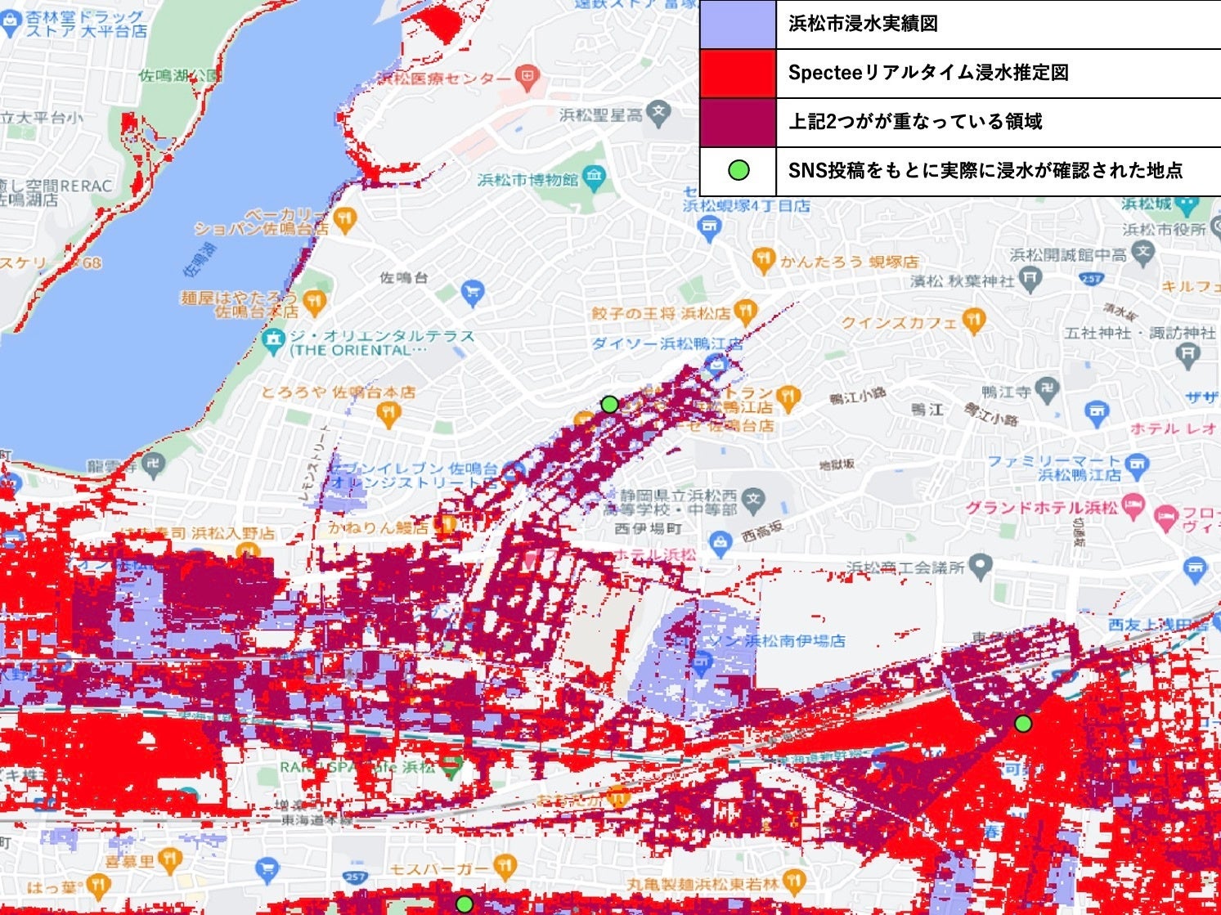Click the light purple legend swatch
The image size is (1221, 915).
(x=738, y=25)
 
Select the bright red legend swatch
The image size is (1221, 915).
(x=738, y=74)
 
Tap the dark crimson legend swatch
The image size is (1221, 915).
(x=738, y=123)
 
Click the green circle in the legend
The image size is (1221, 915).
(x=738, y=171)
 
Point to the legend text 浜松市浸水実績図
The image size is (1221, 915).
(x=863, y=24)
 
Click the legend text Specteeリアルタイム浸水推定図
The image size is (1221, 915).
(x=928, y=73)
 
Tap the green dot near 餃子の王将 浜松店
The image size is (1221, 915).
(x=609, y=404)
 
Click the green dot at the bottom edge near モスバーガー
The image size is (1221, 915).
(x=464, y=904)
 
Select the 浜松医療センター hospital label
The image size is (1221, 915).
(x=446, y=78)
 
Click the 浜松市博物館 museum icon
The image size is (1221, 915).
(x=595, y=176)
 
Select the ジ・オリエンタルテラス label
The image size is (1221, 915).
(x=381, y=336)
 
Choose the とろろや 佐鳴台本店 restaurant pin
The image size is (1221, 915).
(x=388, y=414)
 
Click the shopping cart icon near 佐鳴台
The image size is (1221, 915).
(x=473, y=291)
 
